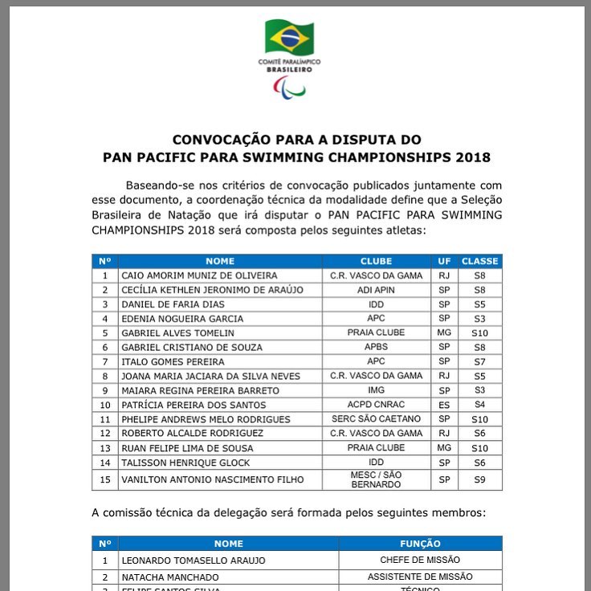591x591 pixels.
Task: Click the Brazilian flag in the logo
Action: point(289,37)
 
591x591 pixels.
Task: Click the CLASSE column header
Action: point(480,261)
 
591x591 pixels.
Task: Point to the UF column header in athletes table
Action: point(444,261)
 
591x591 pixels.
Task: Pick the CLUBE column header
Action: point(376,261)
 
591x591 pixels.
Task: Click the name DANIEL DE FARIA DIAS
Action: point(173,304)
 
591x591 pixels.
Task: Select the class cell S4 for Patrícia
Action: point(480,405)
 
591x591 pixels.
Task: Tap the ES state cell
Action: point(444,405)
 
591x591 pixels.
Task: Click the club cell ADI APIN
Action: point(376,290)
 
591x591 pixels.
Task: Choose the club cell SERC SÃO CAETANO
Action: point(376,419)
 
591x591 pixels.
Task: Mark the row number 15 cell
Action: point(104,479)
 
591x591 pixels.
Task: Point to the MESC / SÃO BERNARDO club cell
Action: point(376,479)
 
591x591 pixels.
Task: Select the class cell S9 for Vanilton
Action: point(480,479)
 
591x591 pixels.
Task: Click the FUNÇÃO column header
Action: point(420,544)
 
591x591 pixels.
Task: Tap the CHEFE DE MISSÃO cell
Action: point(420,560)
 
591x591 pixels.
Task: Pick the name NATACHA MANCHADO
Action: point(169,577)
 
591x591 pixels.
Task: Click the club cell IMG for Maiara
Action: point(376,390)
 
